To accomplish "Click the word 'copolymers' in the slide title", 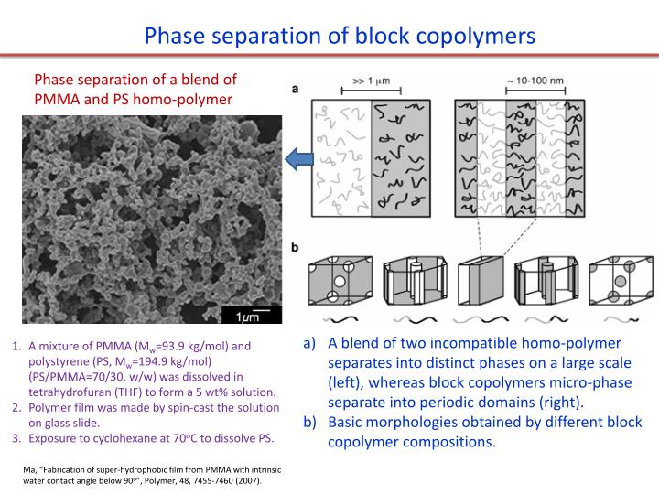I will [466, 37].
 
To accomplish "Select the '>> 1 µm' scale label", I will [371, 80].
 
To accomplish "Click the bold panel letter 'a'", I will [296, 89].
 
